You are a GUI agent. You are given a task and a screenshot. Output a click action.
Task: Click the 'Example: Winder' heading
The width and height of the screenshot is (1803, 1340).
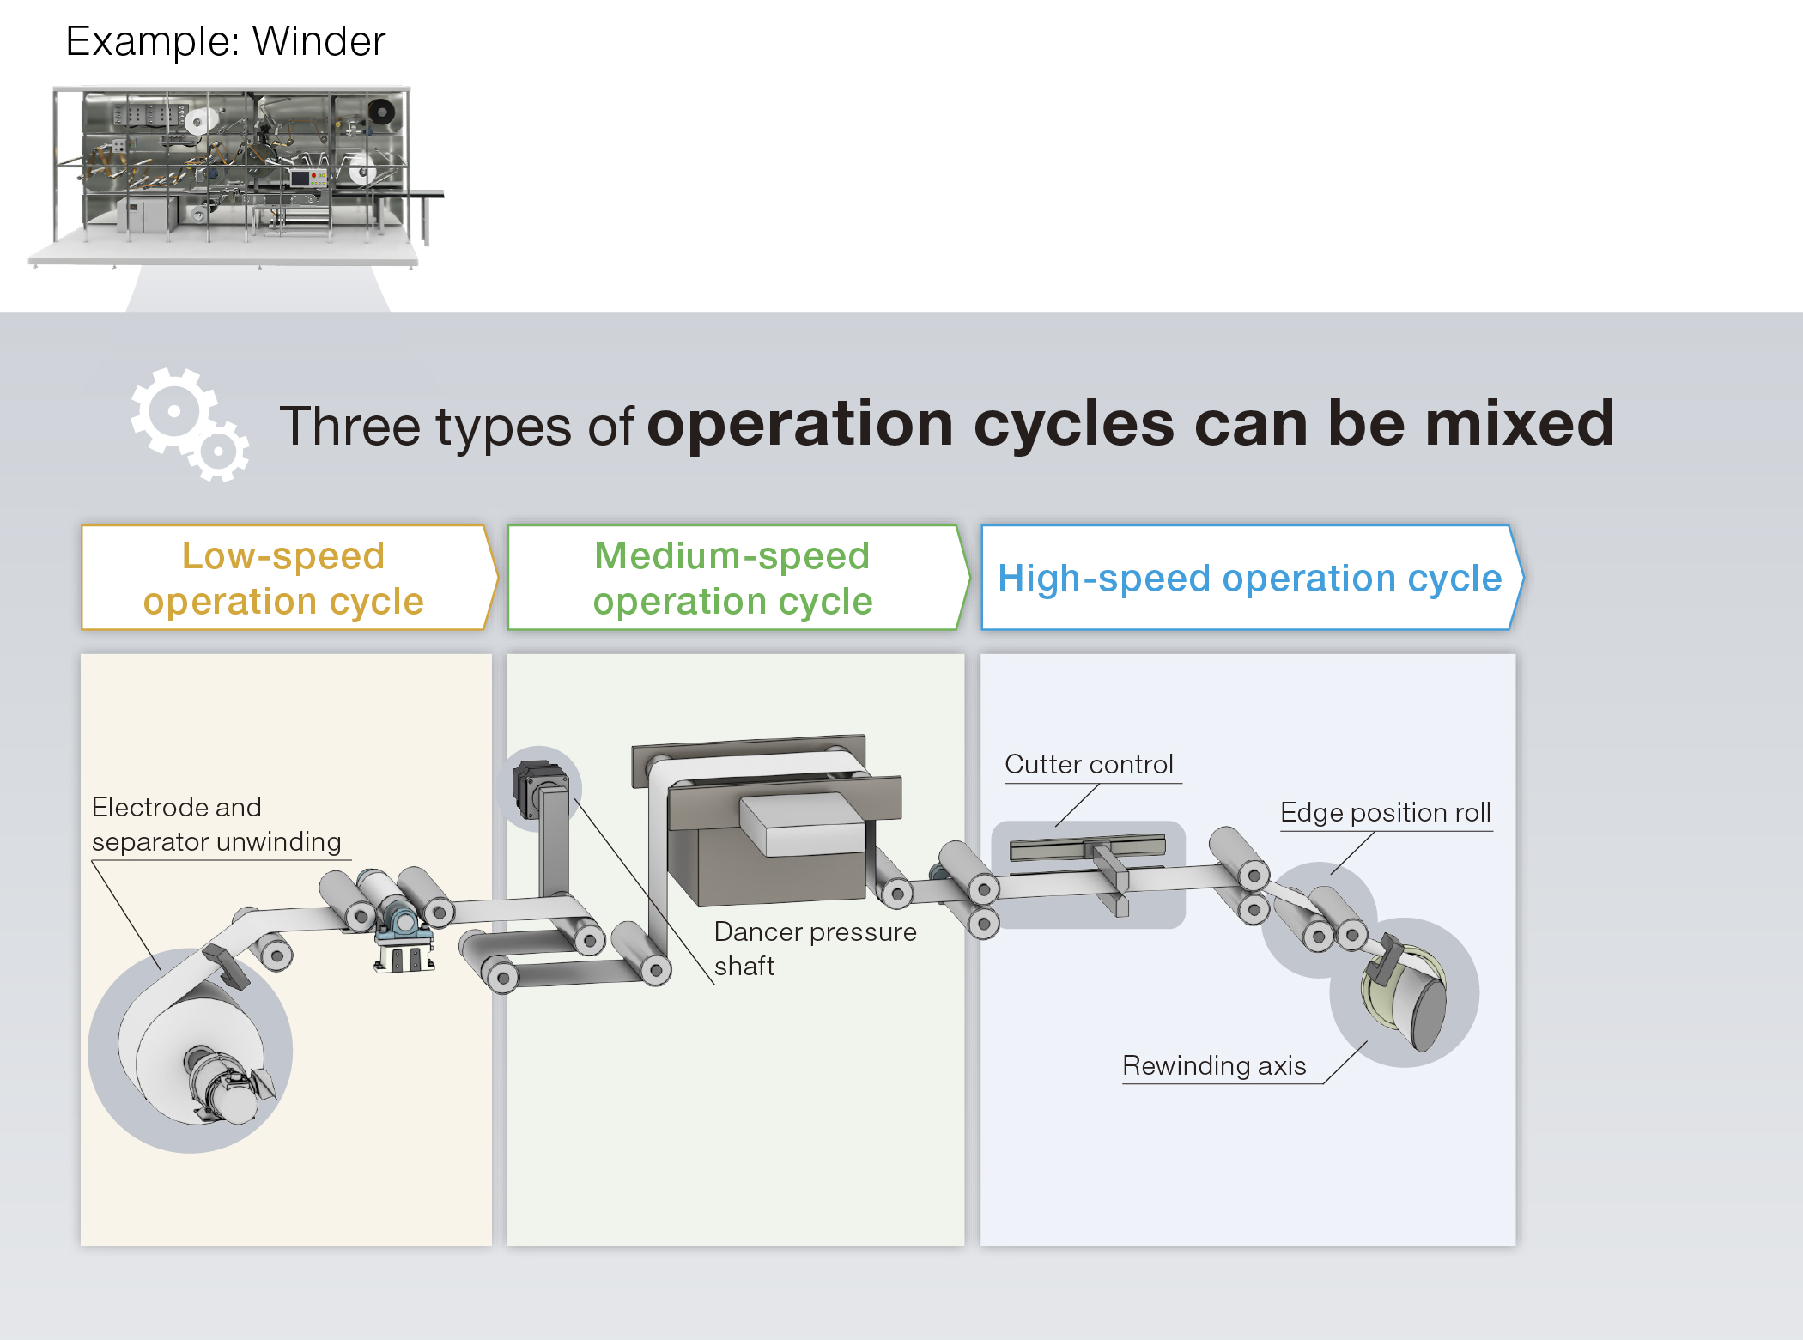pos(225,41)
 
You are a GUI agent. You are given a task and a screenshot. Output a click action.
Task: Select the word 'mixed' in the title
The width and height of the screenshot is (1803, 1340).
pos(1519,424)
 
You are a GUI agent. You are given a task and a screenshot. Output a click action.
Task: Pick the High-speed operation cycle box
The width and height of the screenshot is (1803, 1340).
pos(1249,578)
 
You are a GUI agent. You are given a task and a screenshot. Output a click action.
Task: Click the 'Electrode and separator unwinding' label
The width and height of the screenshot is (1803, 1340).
pos(216,824)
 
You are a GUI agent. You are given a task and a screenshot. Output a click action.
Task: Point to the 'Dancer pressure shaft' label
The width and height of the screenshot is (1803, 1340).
pos(815,948)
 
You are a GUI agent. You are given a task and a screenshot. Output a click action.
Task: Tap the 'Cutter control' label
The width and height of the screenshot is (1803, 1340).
pos(1089,764)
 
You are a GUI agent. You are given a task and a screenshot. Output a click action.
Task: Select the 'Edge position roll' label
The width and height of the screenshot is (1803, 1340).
pos(1385,812)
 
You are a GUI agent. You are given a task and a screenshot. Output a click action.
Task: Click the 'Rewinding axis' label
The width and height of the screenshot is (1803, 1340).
pos(1214,1065)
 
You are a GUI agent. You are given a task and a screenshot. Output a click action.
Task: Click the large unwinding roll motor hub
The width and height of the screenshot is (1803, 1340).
pos(219,1086)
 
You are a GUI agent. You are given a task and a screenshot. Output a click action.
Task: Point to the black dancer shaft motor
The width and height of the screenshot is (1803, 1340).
pos(537,785)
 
